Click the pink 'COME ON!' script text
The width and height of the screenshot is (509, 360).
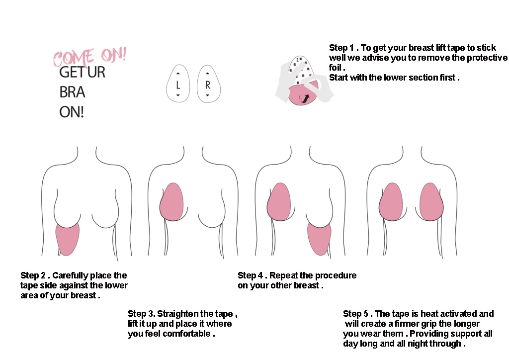click(89, 57)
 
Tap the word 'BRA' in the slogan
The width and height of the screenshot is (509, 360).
click(73, 92)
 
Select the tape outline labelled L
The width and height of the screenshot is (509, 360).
click(178, 83)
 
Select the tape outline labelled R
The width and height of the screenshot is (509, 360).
click(208, 83)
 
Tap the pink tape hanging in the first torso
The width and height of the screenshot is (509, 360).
click(67, 239)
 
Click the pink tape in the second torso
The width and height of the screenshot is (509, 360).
click(172, 201)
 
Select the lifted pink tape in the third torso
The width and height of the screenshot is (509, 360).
click(279, 201)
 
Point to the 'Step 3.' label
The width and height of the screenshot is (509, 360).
click(142, 314)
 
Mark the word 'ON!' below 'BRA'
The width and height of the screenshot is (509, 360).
click(72, 112)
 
